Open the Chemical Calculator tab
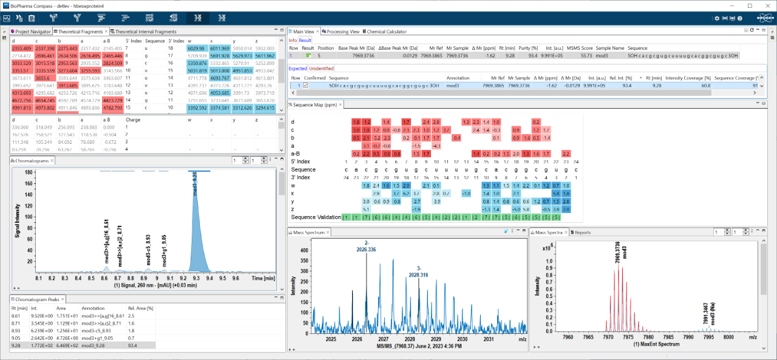click(x=385, y=32)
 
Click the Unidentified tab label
click(x=322, y=69)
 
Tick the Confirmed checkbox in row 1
click(x=306, y=86)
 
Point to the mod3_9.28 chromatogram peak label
click(x=195, y=184)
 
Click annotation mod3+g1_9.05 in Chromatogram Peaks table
click(x=97, y=337)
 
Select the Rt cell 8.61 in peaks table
click(x=16, y=316)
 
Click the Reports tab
click(x=583, y=233)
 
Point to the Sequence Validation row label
click(x=316, y=217)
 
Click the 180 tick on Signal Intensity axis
click(x=27, y=172)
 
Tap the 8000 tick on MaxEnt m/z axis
click(x=728, y=337)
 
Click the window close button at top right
click(x=766, y=5)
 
